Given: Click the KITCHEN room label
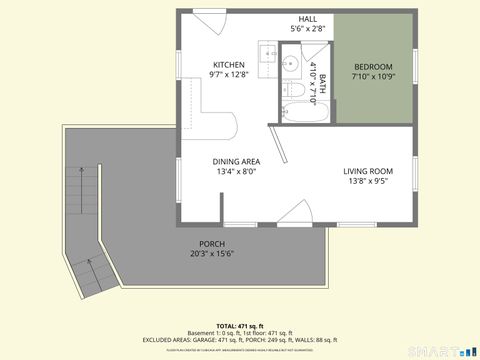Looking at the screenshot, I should tap(227, 64).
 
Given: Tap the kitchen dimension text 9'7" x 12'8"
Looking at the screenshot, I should tap(227, 74).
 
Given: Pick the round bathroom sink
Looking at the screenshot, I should tap(289, 64).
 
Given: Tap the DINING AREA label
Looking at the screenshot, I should tap(236, 161).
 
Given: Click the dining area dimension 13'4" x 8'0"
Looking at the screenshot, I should tap(236, 171).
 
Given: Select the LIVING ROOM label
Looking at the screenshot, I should tap(368, 171).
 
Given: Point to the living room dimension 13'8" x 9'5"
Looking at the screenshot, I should tap(368, 181).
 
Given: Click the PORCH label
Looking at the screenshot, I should tap(211, 244).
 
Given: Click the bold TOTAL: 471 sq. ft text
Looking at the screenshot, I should tap(240, 327).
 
